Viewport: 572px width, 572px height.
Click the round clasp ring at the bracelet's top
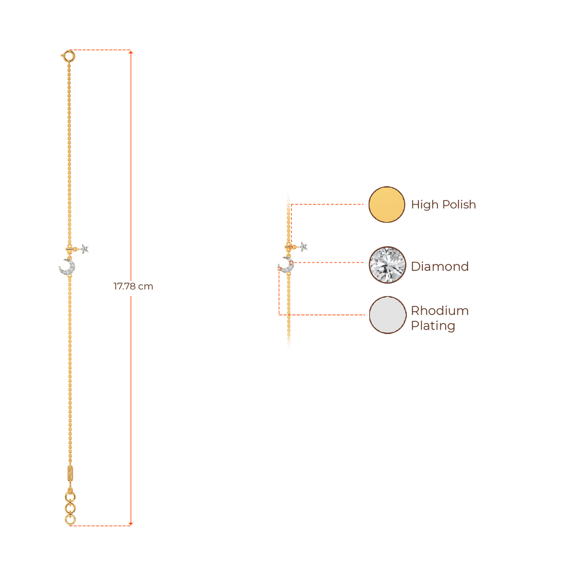(69, 55)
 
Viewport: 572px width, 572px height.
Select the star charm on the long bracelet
(84, 249)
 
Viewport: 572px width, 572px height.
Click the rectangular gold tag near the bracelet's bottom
(70, 472)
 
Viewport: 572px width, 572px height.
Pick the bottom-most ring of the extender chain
(70, 521)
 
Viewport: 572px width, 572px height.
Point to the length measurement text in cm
(133, 287)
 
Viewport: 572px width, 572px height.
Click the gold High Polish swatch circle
(387, 204)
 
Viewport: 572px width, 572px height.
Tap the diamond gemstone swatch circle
(387, 265)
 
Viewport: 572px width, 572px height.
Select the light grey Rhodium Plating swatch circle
(387, 315)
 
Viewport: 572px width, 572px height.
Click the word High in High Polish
(424, 205)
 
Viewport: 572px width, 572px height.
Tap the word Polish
(459, 205)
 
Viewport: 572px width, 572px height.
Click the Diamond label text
(440, 266)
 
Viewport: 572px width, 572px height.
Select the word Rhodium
(440, 311)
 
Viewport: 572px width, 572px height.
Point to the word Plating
(433, 326)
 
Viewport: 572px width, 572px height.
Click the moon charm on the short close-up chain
(286, 265)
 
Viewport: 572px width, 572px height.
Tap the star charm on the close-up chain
(303, 246)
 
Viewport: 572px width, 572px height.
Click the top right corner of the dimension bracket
(132, 51)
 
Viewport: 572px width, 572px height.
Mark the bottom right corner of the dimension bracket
(132, 525)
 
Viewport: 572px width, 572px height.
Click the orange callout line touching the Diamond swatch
(330, 262)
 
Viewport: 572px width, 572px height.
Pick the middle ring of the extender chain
(70, 508)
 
